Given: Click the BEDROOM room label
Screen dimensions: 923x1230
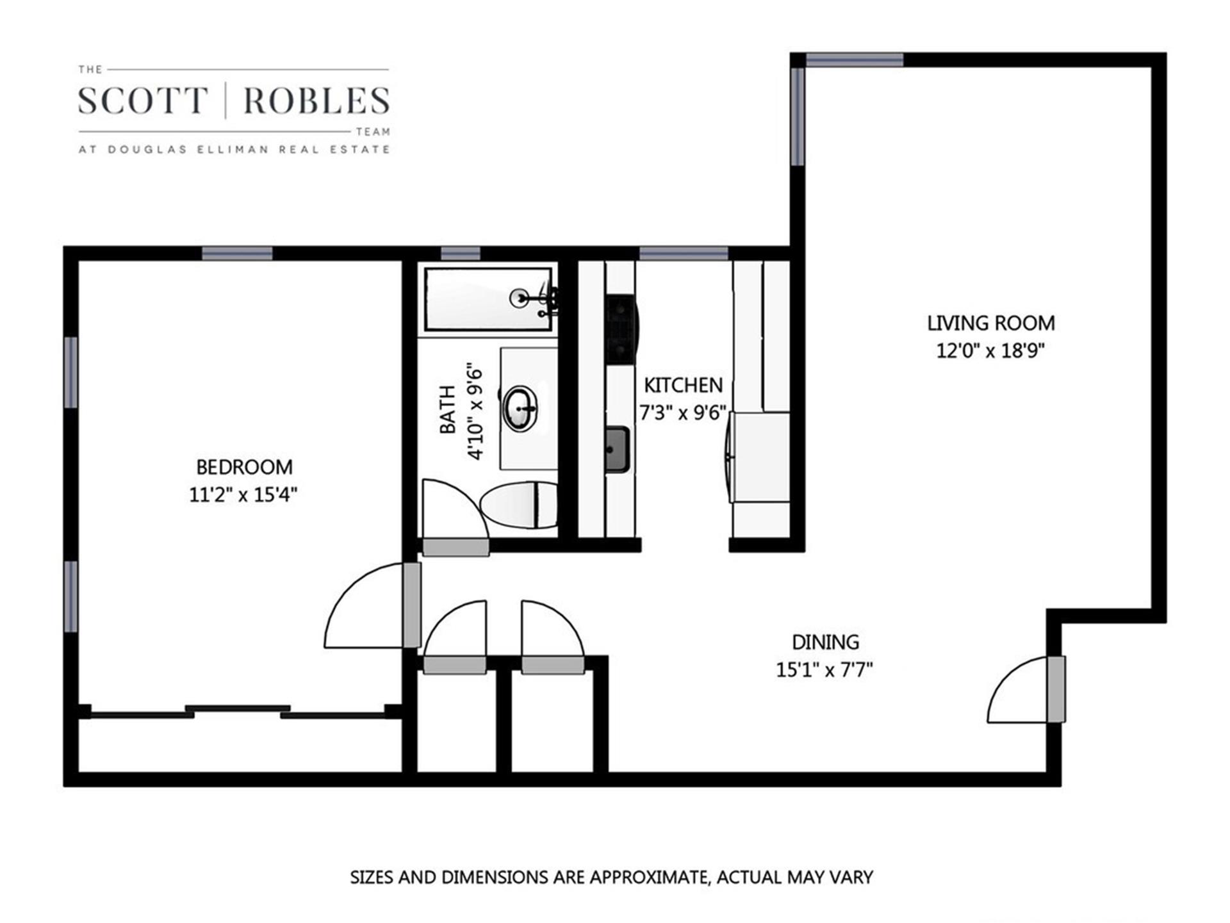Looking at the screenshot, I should [244, 467].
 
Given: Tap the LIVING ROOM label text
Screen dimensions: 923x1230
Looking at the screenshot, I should [990, 323].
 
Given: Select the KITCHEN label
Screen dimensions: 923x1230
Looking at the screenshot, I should [683, 385].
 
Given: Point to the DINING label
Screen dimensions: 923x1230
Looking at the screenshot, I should [825, 642].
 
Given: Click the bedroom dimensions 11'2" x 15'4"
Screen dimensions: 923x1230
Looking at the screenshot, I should [243, 494].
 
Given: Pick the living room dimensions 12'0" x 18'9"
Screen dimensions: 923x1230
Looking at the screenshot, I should [990, 351].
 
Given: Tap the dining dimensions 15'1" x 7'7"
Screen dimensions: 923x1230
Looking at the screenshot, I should [825, 670].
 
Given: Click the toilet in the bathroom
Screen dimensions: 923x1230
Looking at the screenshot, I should [520, 505].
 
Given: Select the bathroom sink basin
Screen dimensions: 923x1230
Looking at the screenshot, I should [520, 408].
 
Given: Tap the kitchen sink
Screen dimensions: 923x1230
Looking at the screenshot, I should [618, 449].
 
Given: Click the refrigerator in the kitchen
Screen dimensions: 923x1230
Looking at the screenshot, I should [760, 457].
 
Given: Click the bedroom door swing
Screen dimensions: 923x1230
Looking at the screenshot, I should [368, 609].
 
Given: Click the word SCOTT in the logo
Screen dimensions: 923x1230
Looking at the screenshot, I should [143, 101].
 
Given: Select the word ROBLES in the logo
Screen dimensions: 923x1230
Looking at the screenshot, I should [316, 101].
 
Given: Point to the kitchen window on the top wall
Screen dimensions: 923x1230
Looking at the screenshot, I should [684, 253].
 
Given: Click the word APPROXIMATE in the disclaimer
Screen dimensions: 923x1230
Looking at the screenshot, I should [648, 877].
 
